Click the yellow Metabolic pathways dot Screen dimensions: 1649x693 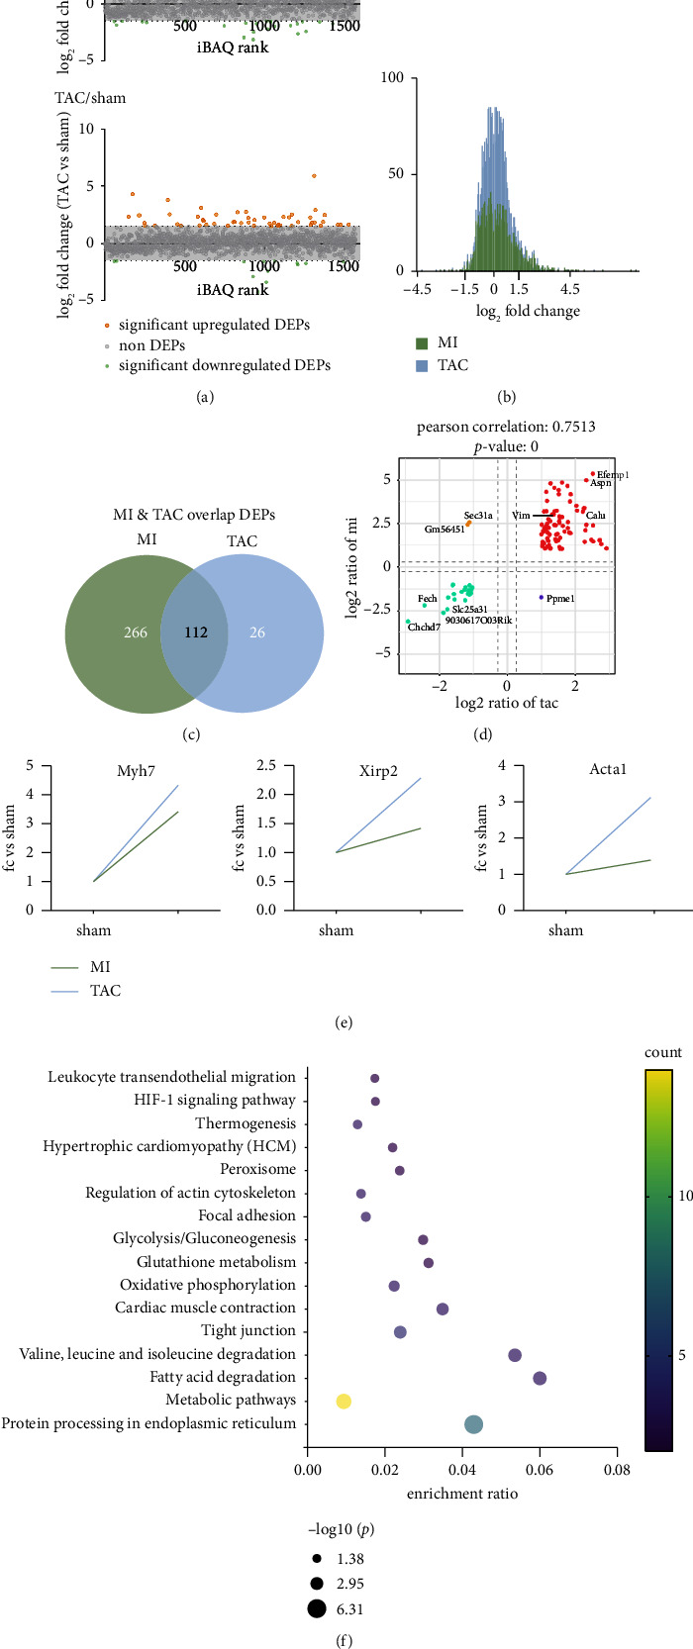click(x=344, y=1401)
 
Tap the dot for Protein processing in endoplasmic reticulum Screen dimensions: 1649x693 click(x=473, y=1424)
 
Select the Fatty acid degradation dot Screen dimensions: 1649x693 click(x=540, y=1378)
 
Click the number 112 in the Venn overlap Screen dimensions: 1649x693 click(x=196, y=631)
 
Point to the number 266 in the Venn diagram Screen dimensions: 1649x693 click(x=136, y=631)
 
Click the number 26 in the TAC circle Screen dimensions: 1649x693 click(x=257, y=631)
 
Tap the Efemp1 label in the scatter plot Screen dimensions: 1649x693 click(x=613, y=475)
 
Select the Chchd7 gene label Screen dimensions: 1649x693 click(x=424, y=628)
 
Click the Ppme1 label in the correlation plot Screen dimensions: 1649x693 click(x=559, y=599)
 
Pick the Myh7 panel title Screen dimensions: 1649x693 click(x=136, y=772)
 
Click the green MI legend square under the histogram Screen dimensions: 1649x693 click(x=422, y=343)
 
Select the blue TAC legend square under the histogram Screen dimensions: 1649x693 click(x=422, y=365)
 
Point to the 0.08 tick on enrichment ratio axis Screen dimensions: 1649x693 click(x=617, y=1471)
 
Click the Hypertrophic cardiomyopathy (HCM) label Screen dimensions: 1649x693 click(x=169, y=1146)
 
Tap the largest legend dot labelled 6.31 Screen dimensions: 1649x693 click(x=317, y=1609)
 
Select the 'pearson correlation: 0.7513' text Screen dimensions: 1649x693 click(x=506, y=428)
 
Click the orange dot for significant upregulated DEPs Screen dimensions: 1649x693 click(x=107, y=325)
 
